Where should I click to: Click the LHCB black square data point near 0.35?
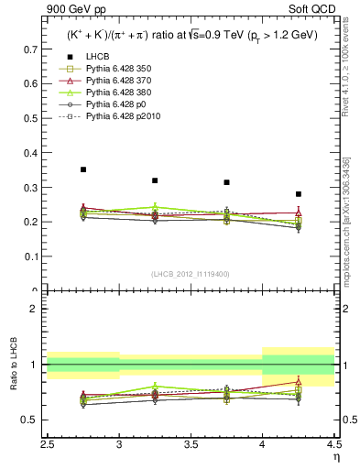pyautogui.click(x=83, y=169)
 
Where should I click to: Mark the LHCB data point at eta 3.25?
pyautogui.click(x=155, y=180)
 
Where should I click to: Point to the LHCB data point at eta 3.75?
pyautogui.click(x=226, y=182)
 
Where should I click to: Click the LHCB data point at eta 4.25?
pyautogui.click(x=298, y=194)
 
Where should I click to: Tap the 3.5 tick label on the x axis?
pyautogui.click(x=191, y=444)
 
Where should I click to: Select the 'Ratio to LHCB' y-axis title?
pyautogui.click(x=11, y=365)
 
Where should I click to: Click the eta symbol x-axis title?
pyautogui.click(x=335, y=456)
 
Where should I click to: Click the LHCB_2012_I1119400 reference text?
pyautogui.click(x=191, y=274)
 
